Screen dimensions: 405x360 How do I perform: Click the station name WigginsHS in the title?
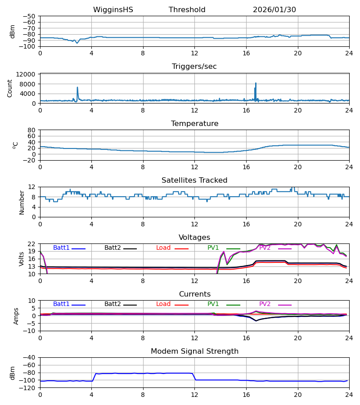point(113,10)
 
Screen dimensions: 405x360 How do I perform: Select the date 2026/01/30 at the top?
point(274,10)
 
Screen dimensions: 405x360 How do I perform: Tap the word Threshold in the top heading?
point(187,10)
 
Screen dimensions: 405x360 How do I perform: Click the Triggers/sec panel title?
point(194,67)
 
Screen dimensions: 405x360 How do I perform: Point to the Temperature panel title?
point(194,124)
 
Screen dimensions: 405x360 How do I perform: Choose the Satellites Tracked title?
point(194,180)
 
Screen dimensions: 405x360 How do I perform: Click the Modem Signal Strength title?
point(194,351)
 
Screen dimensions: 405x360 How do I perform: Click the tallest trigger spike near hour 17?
point(256,83)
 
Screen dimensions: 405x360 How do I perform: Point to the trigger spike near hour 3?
point(77,88)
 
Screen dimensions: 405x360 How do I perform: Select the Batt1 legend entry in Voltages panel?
point(61,248)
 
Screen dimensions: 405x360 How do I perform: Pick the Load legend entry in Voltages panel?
point(164,248)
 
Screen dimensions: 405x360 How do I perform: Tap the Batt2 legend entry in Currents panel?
point(112,304)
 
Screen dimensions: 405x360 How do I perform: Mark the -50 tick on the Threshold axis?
point(30,16)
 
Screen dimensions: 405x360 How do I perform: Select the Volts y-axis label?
point(21,259)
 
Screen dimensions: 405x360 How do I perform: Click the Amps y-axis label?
point(16,316)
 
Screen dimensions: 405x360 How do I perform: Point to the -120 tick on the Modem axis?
point(28,388)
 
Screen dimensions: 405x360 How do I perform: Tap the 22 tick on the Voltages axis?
point(32,244)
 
